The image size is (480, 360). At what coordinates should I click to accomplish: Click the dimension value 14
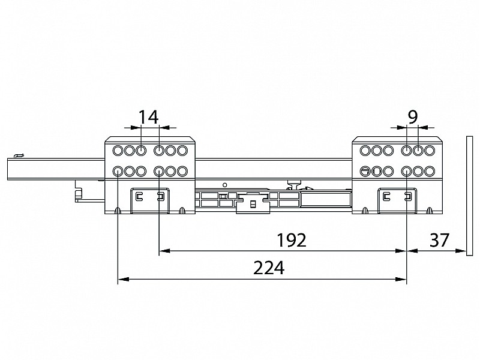[x=148, y=116]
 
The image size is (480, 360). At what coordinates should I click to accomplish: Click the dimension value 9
[x=413, y=116]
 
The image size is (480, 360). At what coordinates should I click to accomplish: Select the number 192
[x=292, y=240]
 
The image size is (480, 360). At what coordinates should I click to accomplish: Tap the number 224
[x=269, y=268]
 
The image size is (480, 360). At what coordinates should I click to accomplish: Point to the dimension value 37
[x=439, y=240]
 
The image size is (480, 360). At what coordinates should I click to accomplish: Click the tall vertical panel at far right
[x=470, y=196]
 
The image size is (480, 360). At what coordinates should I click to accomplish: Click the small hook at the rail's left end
[x=19, y=156]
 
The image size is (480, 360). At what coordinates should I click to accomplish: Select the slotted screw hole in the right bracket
[x=365, y=171]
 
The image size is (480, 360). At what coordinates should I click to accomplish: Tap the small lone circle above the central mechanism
[x=225, y=185]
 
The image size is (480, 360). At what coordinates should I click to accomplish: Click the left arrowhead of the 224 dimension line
[x=123, y=279]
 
